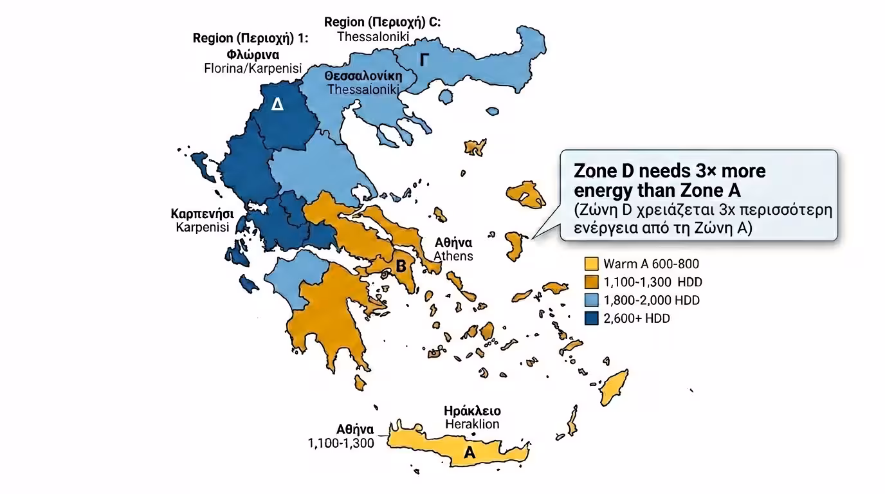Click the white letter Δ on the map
pyautogui.click(x=277, y=104)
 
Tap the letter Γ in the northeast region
pyautogui.click(x=424, y=60)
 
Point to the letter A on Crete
pyautogui.click(x=470, y=453)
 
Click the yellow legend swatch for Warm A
pyautogui.click(x=592, y=264)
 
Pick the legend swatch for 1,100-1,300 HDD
pyautogui.click(x=592, y=282)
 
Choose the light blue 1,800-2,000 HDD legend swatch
pyautogui.click(x=592, y=300)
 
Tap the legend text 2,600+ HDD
pyautogui.click(x=637, y=318)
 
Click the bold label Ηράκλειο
pyautogui.click(x=472, y=411)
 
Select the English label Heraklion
pyautogui.click(x=472, y=424)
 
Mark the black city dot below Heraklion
pyautogui.click(x=474, y=434)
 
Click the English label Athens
pyautogui.click(x=453, y=256)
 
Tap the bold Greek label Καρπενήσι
pyautogui.click(x=202, y=214)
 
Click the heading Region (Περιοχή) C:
pyautogui.click(x=382, y=23)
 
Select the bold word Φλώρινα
pyautogui.click(x=253, y=54)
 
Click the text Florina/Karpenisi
pyautogui.click(x=253, y=68)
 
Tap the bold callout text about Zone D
pyautogui.click(x=669, y=181)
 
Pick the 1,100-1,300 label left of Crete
pyautogui.click(x=341, y=443)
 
